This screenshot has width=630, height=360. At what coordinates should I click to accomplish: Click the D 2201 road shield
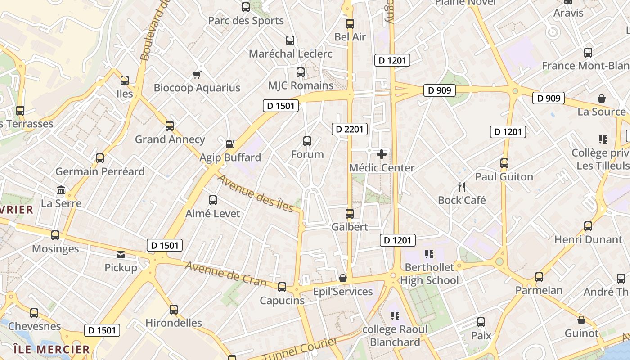[350, 130]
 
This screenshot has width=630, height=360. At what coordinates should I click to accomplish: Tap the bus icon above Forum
[307, 141]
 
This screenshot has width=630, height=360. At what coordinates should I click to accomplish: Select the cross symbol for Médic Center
[382, 154]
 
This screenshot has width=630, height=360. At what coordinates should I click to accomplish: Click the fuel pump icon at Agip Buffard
[230, 144]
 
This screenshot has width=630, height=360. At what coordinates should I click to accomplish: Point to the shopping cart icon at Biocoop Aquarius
[197, 75]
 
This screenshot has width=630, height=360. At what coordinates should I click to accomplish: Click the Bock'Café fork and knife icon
[462, 187]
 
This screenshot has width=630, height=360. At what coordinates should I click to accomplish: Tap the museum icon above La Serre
[61, 190]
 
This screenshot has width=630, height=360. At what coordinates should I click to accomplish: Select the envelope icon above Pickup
[121, 255]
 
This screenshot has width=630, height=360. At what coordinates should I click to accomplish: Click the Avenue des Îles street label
[256, 193]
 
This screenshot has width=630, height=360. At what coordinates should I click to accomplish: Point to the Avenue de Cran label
[226, 274]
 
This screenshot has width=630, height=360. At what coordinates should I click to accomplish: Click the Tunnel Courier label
[300, 350]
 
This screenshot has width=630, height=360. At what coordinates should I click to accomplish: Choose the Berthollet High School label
[429, 274]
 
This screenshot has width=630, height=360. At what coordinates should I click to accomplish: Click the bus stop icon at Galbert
[350, 214]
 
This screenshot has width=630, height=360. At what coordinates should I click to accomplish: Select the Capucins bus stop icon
[282, 287]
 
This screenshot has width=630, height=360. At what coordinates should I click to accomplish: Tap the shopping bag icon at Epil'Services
[343, 278]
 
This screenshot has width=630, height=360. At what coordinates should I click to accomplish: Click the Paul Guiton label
[504, 176]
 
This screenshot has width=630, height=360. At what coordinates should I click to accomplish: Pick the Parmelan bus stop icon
[539, 277]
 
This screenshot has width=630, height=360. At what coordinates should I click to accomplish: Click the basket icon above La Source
[602, 99]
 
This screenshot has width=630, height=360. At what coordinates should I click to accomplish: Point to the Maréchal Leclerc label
[291, 54]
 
